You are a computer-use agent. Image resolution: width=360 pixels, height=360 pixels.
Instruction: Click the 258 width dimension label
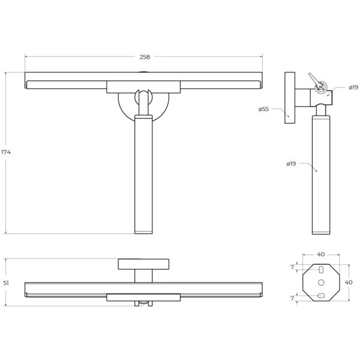point(145,57)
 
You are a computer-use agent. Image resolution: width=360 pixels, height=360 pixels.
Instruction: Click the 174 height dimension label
point(6,152)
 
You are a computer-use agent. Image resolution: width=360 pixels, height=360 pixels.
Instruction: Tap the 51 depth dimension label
point(6,283)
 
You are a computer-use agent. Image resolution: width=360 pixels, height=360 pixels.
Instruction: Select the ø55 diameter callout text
point(263,109)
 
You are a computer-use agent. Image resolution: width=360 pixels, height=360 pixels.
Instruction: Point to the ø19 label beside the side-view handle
point(291,164)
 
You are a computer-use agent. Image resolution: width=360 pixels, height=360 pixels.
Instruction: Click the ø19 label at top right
point(353,87)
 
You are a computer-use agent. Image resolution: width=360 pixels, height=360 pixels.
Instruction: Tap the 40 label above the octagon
point(321,254)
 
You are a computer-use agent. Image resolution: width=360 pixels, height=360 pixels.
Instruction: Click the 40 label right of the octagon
point(349,282)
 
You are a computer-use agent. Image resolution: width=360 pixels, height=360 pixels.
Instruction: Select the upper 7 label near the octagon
point(292,267)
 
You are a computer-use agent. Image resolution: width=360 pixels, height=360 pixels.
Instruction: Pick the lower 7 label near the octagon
point(292,298)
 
